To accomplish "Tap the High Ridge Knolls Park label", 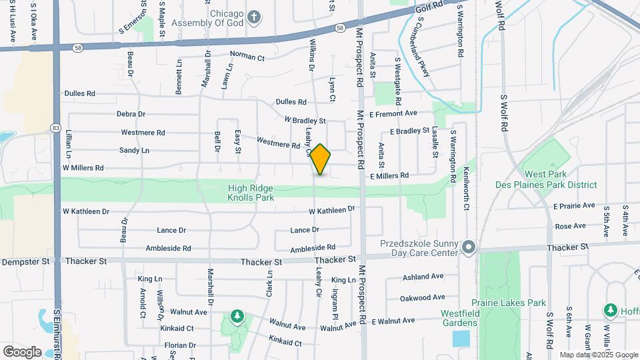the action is pyautogui.click(x=250, y=193).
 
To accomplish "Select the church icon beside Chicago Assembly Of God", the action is pyautogui.click(x=254, y=16).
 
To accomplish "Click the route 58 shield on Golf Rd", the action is pyautogui.click(x=341, y=28).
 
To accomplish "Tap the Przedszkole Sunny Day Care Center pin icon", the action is pyautogui.click(x=469, y=247).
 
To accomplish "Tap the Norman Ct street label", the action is pyautogui.click(x=247, y=57).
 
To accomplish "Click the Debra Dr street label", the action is pyautogui.click(x=131, y=115).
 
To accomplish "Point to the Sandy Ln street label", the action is pyautogui.click(x=134, y=151).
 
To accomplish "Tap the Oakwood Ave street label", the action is pyautogui.click(x=423, y=297).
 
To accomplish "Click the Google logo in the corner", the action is pyautogui.click(x=22, y=351).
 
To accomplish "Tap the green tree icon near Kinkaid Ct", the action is pyautogui.click(x=236, y=315).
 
